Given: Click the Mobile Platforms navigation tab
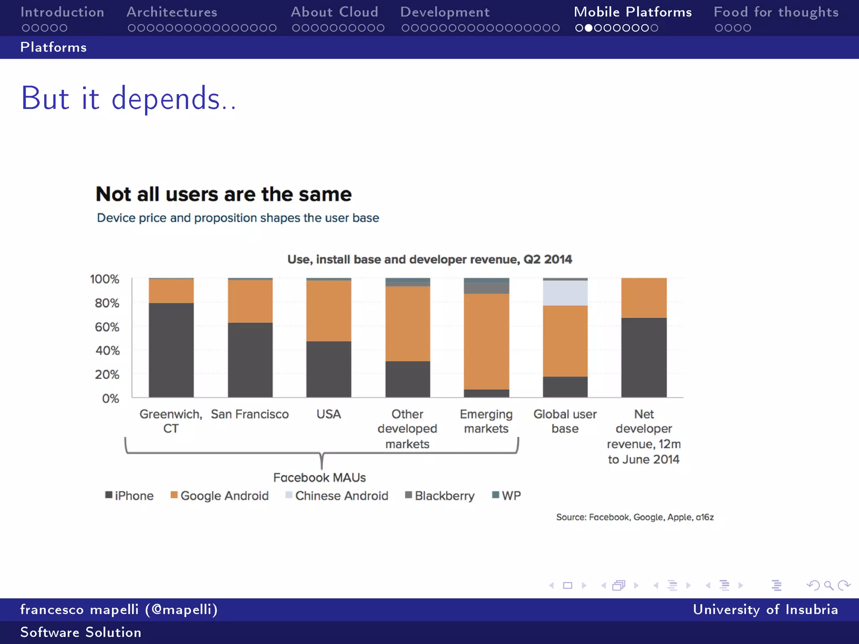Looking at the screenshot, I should click(x=633, y=12).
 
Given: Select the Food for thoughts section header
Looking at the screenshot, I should click(x=776, y=12).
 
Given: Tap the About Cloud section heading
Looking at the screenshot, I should click(x=334, y=12).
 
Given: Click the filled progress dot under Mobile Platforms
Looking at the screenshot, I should click(x=588, y=28).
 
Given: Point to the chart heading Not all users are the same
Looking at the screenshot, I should click(x=224, y=194).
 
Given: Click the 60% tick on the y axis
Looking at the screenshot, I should click(x=107, y=327).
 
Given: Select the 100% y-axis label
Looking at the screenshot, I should click(x=104, y=279).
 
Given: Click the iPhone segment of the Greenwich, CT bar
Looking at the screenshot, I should click(x=171, y=350).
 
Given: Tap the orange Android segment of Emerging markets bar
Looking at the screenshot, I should click(x=486, y=342).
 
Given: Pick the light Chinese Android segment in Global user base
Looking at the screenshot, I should click(x=565, y=293).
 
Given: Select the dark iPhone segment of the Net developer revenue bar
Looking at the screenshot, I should click(x=644, y=357).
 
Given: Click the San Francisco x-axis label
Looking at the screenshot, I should click(x=250, y=414).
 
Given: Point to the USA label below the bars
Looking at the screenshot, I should click(x=328, y=414).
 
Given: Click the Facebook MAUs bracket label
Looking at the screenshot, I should click(x=320, y=478).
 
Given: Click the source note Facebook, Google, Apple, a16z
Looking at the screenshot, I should click(x=635, y=517).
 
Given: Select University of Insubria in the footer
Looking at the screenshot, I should click(x=765, y=609).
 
